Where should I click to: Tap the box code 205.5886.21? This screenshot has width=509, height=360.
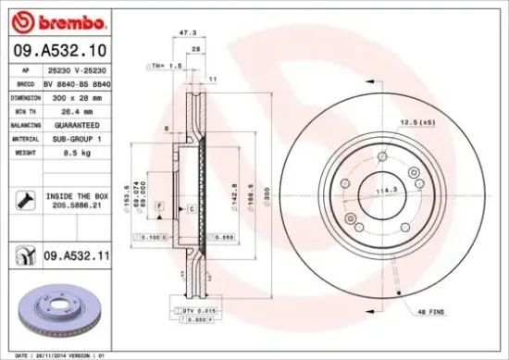(x=78, y=208)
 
